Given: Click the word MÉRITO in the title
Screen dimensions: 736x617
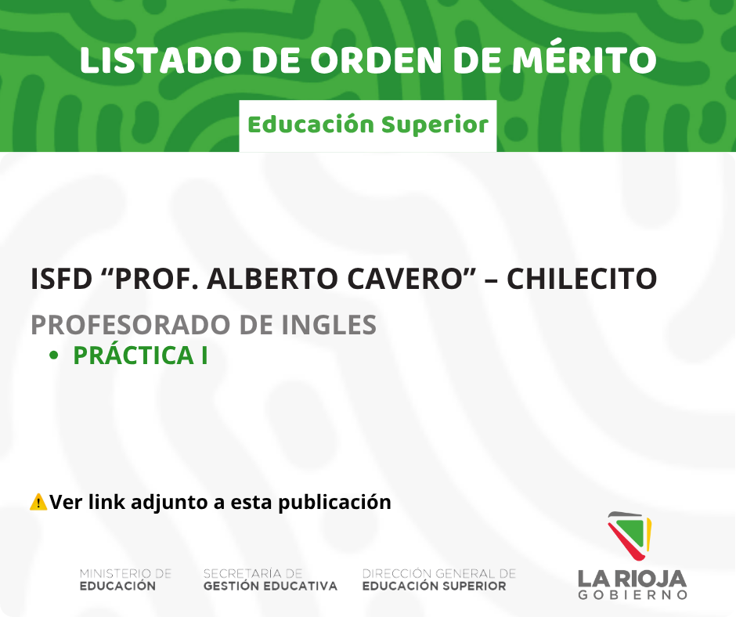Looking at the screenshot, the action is [x=584, y=60].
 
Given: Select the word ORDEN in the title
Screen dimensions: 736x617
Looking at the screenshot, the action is [x=376, y=60].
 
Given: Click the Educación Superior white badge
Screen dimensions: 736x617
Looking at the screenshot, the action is [x=368, y=126].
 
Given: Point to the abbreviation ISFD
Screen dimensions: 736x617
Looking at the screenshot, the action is [x=61, y=279].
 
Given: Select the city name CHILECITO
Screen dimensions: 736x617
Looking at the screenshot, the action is [x=582, y=279].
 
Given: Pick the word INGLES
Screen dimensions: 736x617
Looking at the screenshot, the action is [x=329, y=324].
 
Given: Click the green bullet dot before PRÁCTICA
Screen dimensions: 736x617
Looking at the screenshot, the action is [x=53, y=355].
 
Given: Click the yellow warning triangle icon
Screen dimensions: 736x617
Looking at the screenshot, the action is [x=38, y=502].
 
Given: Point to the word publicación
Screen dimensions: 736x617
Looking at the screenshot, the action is [x=334, y=503].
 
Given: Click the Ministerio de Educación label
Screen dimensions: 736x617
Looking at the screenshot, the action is [x=125, y=580].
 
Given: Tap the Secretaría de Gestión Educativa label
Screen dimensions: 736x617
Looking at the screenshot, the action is [x=270, y=580].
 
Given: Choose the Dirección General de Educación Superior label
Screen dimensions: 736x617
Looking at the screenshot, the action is [x=439, y=580].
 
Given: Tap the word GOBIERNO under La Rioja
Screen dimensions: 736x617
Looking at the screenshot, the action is [x=633, y=595].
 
